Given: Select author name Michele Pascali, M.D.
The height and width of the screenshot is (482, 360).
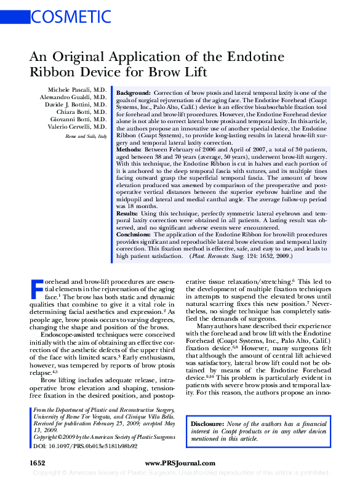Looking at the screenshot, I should click(x=78, y=89).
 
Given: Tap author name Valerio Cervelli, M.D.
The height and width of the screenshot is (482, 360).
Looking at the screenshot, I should click(x=78, y=126).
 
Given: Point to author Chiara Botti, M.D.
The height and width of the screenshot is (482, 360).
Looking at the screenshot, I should click(x=82, y=111).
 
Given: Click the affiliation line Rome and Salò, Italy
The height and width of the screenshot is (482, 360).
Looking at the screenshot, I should click(x=86, y=135).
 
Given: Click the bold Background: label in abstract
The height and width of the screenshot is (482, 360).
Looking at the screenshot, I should click(x=133, y=90).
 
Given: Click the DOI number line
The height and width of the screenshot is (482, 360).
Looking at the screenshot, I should click(x=84, y=445).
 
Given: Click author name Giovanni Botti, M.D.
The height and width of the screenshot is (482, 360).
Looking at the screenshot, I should click(x=79, y=119).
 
